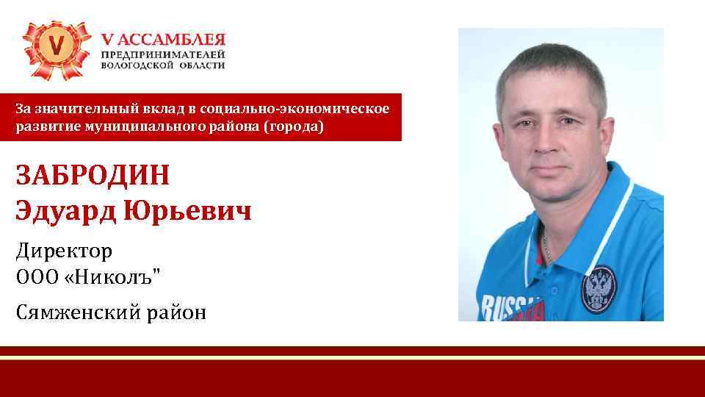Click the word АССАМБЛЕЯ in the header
[170, 40]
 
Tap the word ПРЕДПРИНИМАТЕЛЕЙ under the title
[163, 54]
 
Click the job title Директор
[64, 251]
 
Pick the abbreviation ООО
[36, 279]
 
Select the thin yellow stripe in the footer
[352, 357]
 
